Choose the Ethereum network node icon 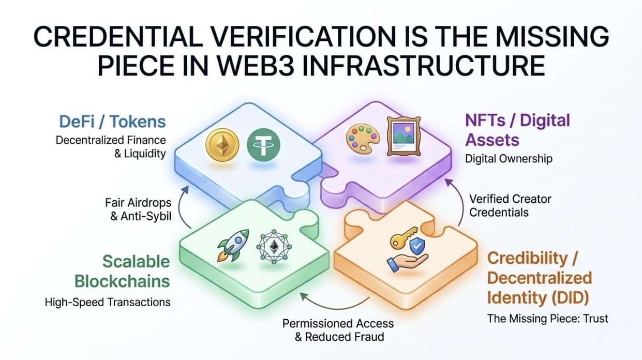pyautogui.click(x=271, y=245)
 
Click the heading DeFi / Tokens pyautogui.click(x=113, y=122)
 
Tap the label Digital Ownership pyautogui.click(x=509, y=159)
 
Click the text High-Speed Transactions pyautogui.click(x=108, y=302)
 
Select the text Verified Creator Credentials pyautogui.click(x=510, y=205)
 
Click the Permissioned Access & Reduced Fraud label pyautogui.click(x=338, y=330)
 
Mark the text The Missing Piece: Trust pyautogui.click(x=547, y=319)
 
